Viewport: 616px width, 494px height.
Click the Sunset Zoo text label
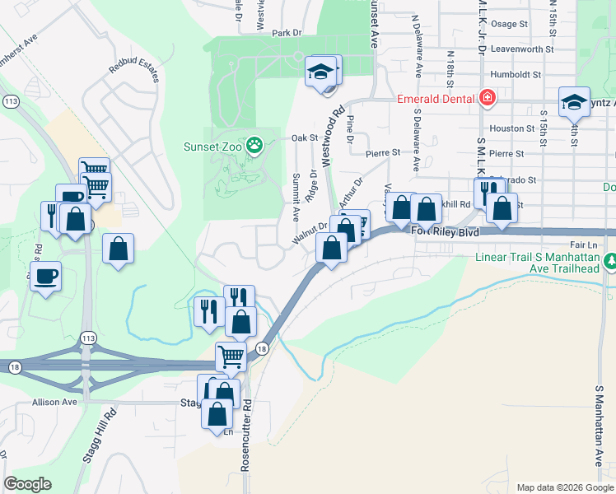tap(213, 147)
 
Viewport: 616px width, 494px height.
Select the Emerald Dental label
tap(435, 100)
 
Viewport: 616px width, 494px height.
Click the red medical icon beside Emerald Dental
tap(488, 99)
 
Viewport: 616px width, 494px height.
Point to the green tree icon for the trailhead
tap(610, 261)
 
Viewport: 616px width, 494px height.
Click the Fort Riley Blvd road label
tap(444, 232)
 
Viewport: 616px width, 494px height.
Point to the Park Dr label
tap(287, 34)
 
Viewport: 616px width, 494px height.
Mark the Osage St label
tap(508, 25)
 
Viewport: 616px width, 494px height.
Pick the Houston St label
tap(511, 128)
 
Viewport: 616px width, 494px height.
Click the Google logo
tap(27, 484)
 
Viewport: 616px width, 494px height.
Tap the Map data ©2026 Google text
tap(564, 487)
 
